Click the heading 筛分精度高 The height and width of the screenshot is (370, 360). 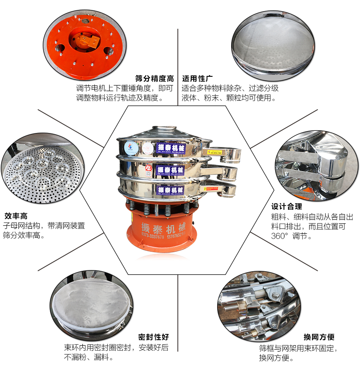(154, 78)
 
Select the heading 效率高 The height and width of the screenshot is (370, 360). (16, 216)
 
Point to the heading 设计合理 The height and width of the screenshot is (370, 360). (287, 207)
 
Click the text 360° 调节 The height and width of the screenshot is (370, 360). (291, 236)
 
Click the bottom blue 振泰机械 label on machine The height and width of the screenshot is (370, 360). (170, 190)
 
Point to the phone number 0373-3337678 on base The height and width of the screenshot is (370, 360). (150, 237)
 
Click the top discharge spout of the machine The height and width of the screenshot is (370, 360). (224, 152)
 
